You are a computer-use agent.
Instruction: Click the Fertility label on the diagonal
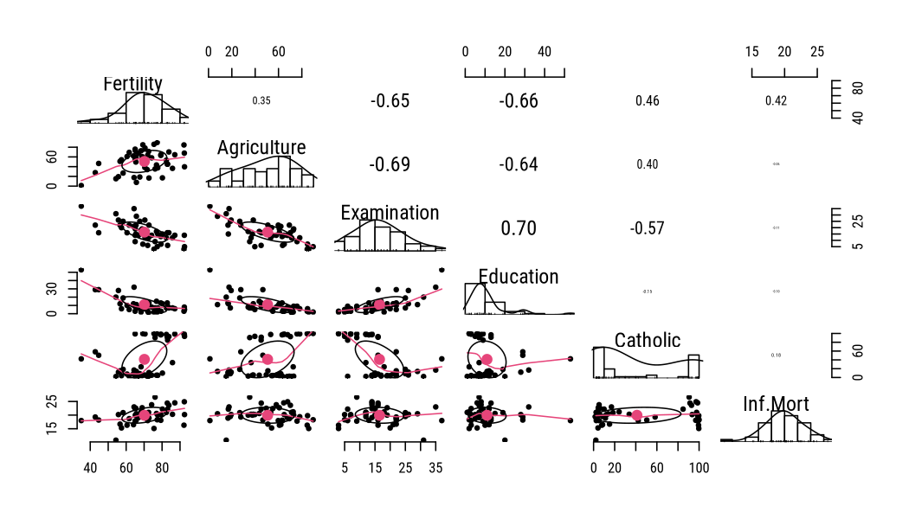click(132, 84)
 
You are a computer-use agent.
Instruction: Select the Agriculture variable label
click(261, 148)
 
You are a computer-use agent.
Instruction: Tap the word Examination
click(390, 213)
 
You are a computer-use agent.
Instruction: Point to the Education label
click(518, 277)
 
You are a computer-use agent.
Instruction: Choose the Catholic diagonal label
click(648, 340)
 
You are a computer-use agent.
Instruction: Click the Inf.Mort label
click(776, 404)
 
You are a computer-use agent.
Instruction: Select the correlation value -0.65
click(390, 101)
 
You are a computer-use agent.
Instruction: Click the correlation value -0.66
click(518, 101)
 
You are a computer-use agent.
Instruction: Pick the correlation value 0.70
click(518, 228)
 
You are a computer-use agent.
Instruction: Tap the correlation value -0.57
click(648, 228)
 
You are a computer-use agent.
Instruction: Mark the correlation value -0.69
click(390, 164)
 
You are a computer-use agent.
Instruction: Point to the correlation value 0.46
click(648, 101)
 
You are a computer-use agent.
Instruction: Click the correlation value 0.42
click(776, 101)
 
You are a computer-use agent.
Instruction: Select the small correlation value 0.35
click(261, 101)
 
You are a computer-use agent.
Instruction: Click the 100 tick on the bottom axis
click(699, 468)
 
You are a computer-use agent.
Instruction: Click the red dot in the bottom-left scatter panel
click(145, 415)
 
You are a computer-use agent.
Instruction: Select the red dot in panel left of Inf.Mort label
click(637, 415)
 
